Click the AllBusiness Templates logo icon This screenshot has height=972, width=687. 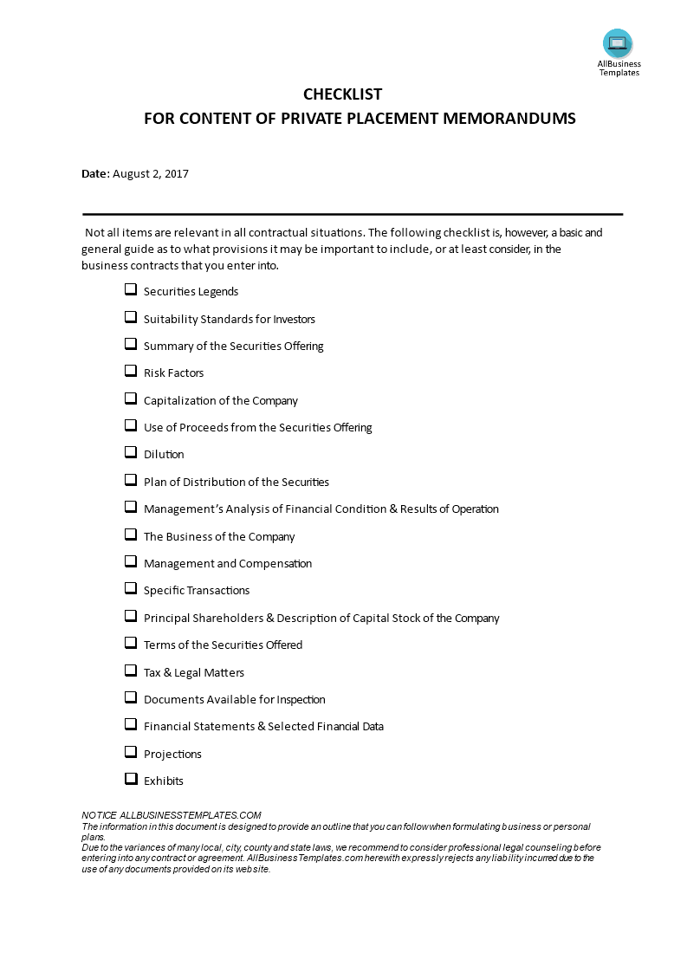coord(618,43)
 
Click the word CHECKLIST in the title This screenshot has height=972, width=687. coord(342,94)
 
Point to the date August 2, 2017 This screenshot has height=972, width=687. coord(151,173)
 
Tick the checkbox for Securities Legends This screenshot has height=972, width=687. coord(131,290)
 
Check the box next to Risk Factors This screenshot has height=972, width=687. coord(131,372)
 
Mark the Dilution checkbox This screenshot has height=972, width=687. coord(131,453)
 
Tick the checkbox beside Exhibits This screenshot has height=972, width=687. coord(131,779)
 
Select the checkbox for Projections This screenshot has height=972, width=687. coord(131,752)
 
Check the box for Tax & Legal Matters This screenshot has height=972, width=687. coord(131,671)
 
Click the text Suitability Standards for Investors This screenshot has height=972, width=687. coord(230,319)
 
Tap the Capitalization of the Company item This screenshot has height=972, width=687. coord(221,400)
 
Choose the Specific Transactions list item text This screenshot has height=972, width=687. coord(197,590)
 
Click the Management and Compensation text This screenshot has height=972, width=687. coord(228,563)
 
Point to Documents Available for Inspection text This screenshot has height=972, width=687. coord(235,699)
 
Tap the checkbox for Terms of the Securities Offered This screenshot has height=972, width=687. coord(131,644)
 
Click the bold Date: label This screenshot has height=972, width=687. coord(95,173)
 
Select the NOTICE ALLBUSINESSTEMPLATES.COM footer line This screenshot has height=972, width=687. coord(172,815)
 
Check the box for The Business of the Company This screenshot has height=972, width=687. coord(131,535)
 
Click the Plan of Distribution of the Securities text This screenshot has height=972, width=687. coord(237,482)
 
